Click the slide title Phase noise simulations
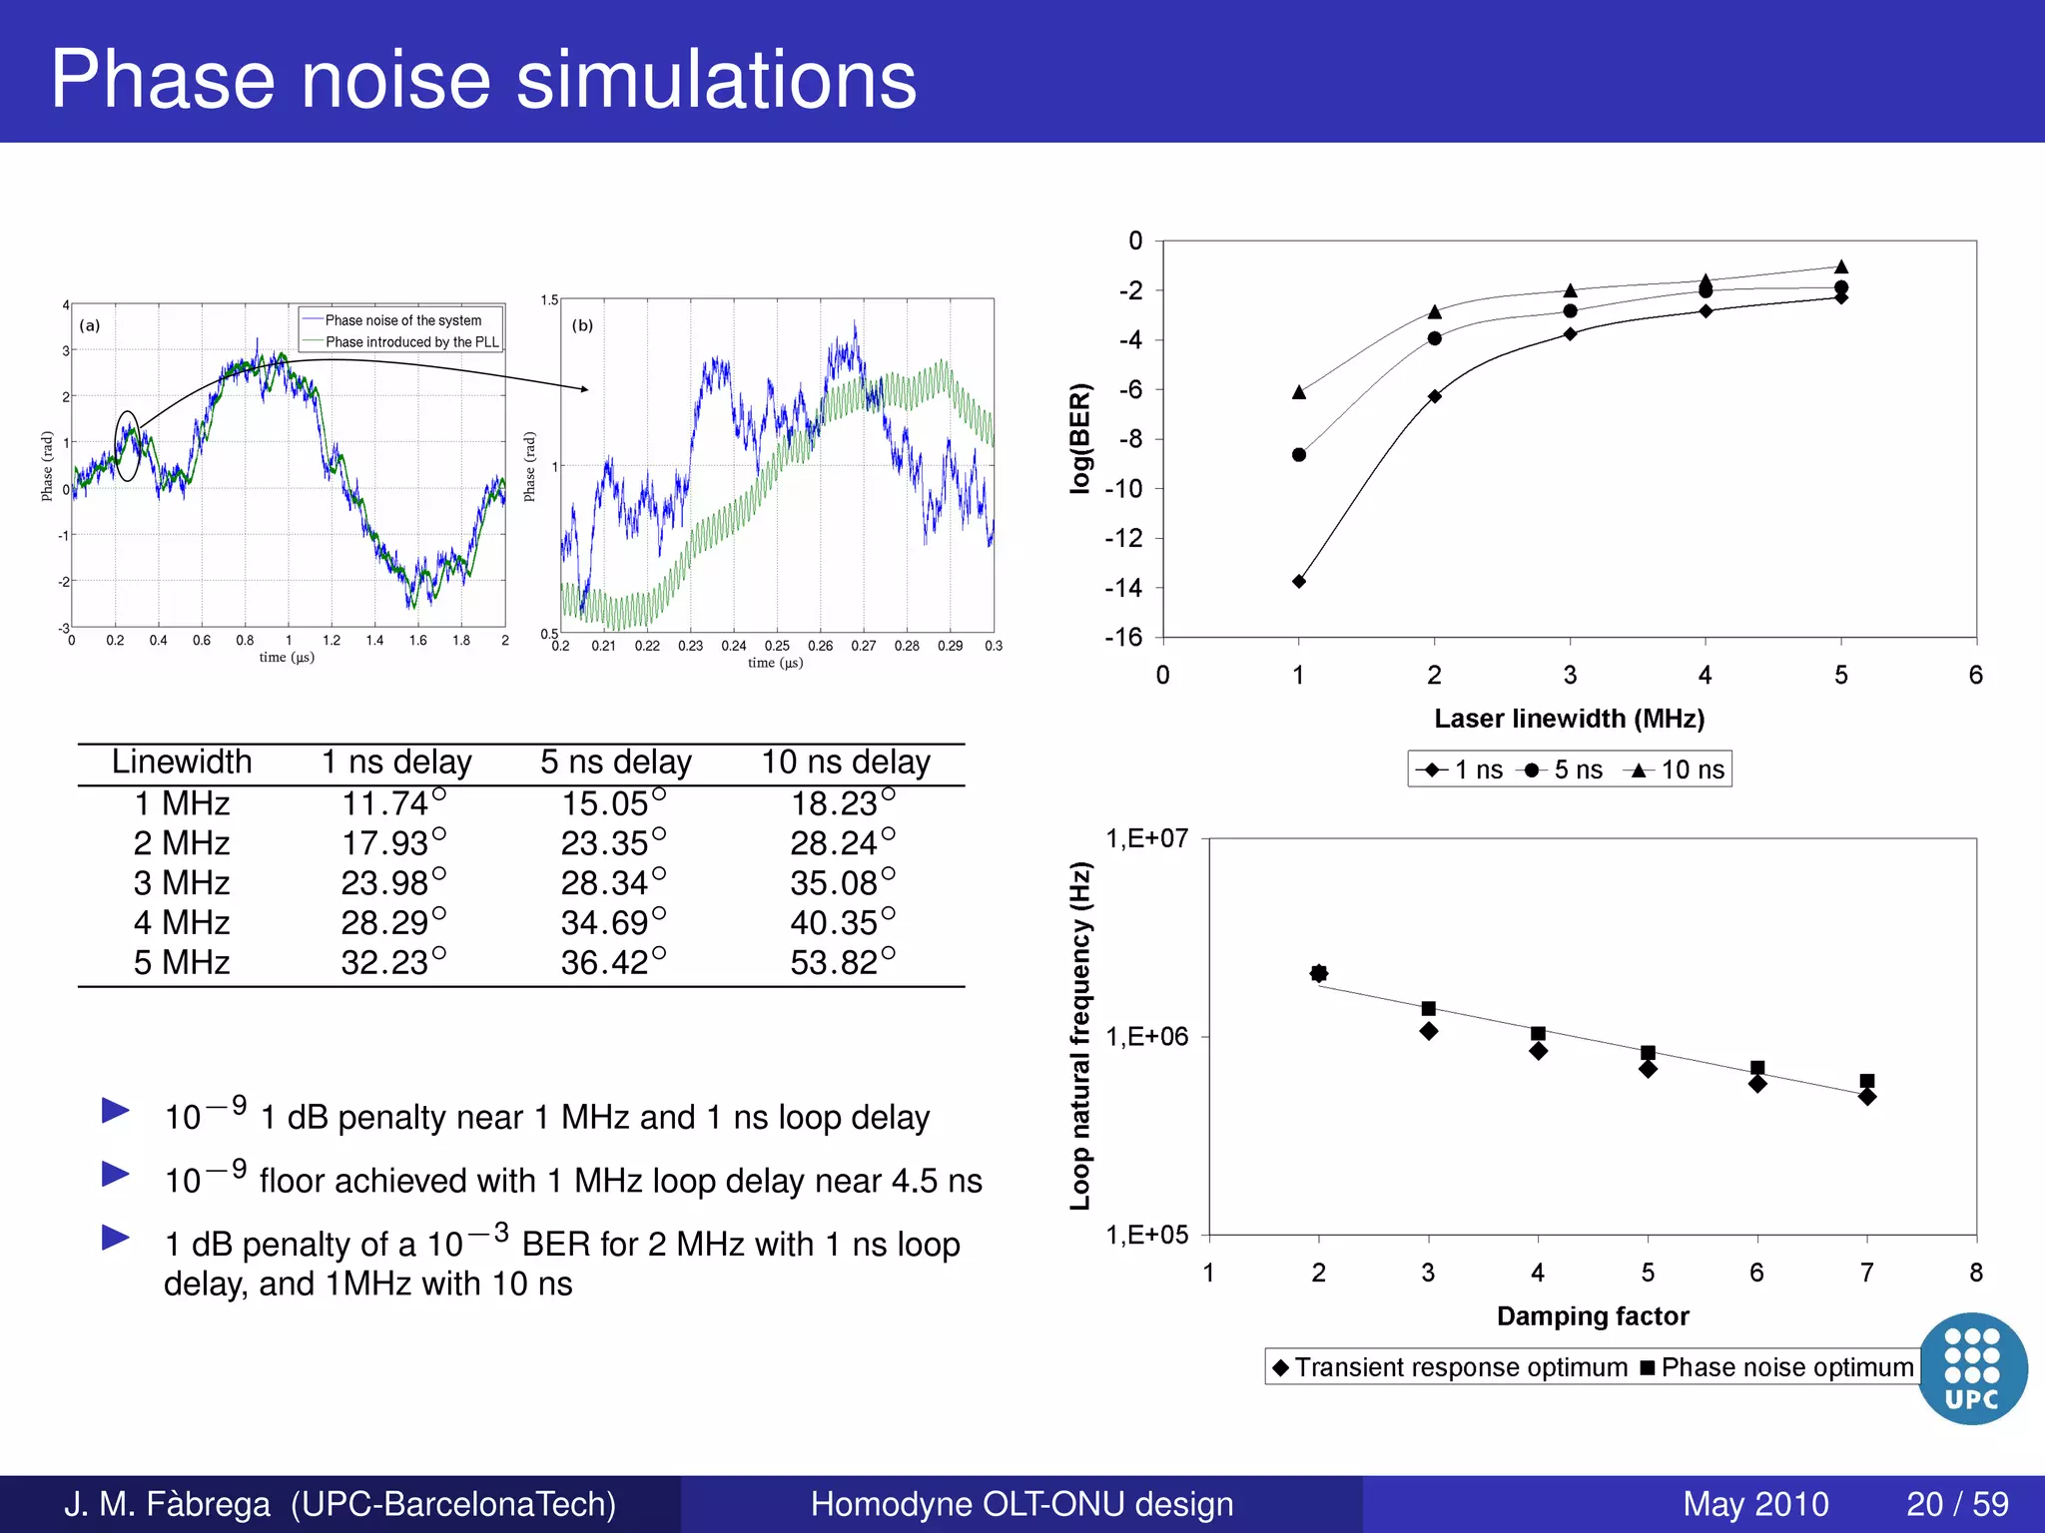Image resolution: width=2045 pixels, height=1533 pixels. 483,80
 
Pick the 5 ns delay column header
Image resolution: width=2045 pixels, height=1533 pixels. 615,763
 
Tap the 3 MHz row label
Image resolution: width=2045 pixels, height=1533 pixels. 182,883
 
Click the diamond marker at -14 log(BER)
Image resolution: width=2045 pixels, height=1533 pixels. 1299,581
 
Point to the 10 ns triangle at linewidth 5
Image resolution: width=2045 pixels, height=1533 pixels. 1841,266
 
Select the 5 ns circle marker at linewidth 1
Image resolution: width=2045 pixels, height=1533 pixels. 1299,455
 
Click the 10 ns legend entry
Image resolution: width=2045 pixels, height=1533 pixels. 1678,769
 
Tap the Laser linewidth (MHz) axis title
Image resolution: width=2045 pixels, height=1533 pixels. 1569,719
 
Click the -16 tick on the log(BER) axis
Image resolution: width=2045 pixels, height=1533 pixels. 1124,637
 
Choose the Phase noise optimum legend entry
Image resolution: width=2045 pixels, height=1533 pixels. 1777,1367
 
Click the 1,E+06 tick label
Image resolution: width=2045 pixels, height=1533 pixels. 1147,1037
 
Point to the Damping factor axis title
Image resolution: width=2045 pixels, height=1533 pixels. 1593,1316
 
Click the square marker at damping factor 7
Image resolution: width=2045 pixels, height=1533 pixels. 1867,1081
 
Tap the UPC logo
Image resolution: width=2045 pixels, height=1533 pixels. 1972,1368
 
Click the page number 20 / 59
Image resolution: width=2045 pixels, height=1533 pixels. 1957,1504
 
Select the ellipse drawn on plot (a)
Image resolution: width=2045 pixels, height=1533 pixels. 128,446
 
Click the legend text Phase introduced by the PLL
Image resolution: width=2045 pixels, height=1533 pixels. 411,342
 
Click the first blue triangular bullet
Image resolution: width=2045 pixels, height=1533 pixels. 116,1110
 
